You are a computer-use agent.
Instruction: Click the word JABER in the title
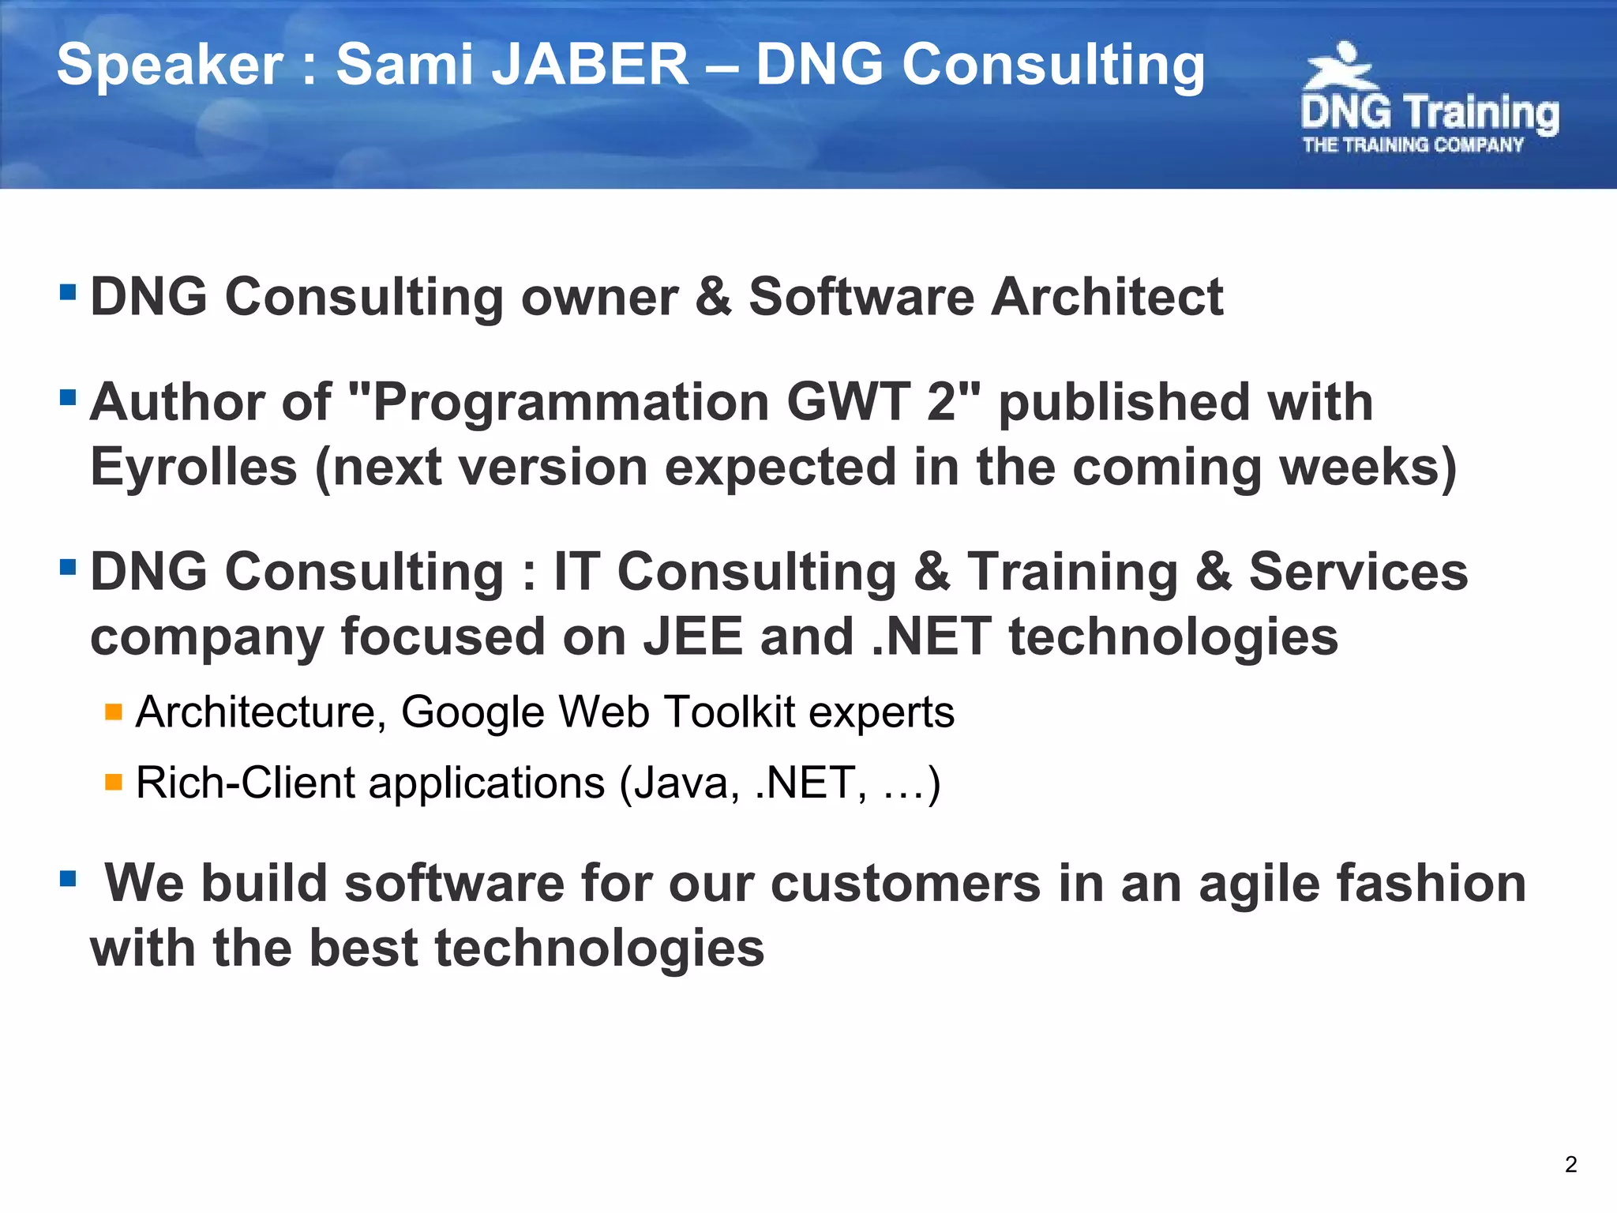[x=591, y=65]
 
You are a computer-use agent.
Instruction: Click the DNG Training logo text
[x=1429, y=113]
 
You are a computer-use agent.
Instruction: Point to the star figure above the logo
[x=1340, y=67]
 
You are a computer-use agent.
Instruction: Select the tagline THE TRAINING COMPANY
[x=1413, y=145]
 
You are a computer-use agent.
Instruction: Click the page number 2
[x=1570, y=1164]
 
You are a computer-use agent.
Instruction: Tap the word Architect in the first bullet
[x=1107, y=297]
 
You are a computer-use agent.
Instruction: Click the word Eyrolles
[x=193, y=467]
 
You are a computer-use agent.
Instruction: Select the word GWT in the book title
[x=849, y=402]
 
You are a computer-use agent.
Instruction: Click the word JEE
[x=692, y=637]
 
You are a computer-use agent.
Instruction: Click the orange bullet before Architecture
[x=114, y=712]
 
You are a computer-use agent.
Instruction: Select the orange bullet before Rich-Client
[x=114, y=783]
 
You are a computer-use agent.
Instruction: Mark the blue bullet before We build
[x=68, y=878]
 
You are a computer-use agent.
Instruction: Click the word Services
[x=1358, y=572]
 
